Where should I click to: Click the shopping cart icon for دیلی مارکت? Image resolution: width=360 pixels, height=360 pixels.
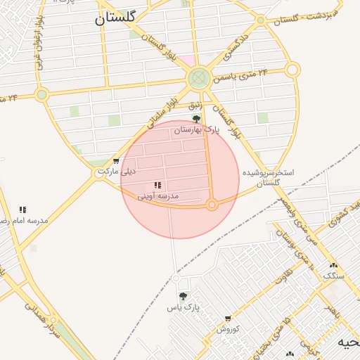tap(116, 161)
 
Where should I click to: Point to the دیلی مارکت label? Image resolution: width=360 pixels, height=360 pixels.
tap(117, 171)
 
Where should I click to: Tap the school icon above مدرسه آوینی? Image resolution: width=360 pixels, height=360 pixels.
tap(157, 185)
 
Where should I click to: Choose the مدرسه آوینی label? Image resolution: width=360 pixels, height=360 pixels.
tap(157, 195)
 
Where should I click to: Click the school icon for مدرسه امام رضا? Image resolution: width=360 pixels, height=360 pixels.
tap(22, 210)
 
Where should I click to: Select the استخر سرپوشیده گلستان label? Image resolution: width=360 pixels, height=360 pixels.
tap(268, 177)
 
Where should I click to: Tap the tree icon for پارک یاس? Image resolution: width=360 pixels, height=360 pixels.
tap(184, 296)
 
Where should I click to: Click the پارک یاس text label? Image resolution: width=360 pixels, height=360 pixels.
tap(184, 307)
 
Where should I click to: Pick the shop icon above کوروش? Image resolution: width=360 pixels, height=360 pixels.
tap(228, 319)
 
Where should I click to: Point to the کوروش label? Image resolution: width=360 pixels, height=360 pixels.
tap(228, 328)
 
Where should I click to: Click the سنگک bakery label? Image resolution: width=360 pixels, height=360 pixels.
tap(333, 276)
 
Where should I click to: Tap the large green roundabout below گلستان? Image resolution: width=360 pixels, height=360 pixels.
tap(198, 77)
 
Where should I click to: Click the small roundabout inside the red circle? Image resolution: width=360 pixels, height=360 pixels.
tap(212, 205)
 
